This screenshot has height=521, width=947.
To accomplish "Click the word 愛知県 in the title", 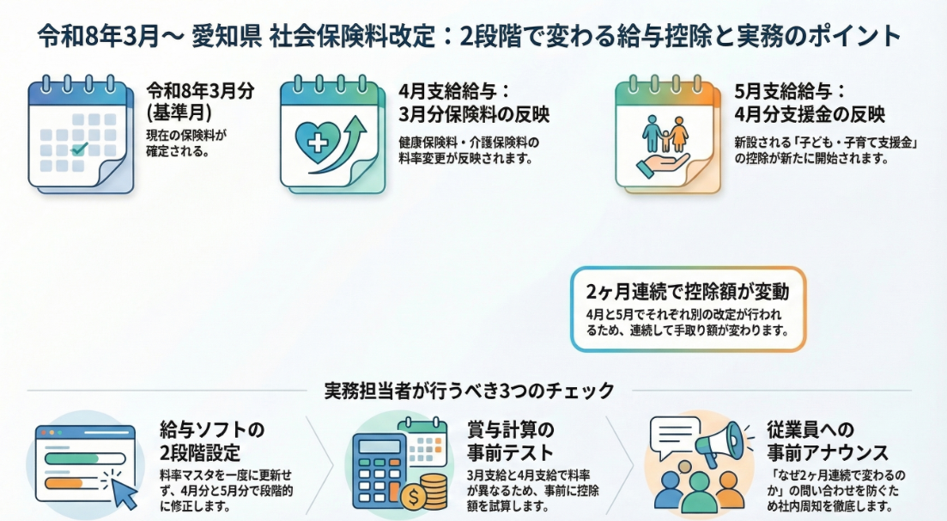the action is click(227, 36).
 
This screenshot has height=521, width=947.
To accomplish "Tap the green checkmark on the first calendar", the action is click(79, 148).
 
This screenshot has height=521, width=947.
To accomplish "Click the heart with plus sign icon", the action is click(318, 142).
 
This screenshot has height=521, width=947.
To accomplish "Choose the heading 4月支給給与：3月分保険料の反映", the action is click(474, 103).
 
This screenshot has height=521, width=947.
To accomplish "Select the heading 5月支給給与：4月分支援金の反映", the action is click(810, 103).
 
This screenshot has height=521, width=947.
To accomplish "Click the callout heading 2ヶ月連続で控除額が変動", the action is click(688, 292).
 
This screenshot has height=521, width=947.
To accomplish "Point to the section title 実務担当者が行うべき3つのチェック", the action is click(470, 391).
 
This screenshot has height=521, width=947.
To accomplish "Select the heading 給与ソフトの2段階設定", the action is click(212, 441).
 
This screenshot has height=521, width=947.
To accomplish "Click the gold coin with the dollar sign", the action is click(415, 497).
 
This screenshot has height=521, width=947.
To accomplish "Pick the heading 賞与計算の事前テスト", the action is click(510, 441).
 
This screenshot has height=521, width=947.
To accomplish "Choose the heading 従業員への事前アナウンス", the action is click(828, 441).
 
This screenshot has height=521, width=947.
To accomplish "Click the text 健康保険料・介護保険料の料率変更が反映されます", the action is click(469, 151).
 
